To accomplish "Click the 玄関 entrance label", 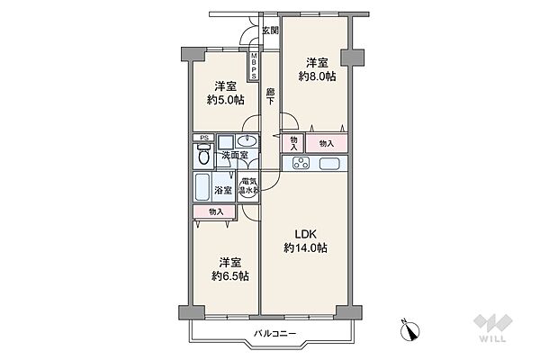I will click(270, 31).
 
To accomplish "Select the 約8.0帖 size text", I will click(315, 76).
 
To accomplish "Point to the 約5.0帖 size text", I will click(225, 100).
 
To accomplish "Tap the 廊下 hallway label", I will click(270, 96).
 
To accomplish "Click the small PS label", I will click(204, 139).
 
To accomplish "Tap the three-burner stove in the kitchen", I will click(300, 164).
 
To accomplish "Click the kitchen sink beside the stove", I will click(328, 164).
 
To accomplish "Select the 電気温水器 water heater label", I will click(249, 187).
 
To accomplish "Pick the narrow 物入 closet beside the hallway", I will click(293, 143).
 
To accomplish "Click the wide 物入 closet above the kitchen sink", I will click(326, 143).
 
